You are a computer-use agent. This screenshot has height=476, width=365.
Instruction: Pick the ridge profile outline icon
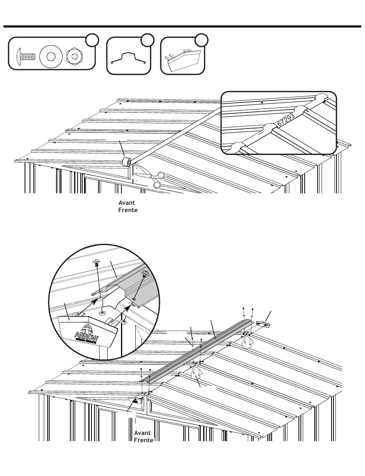click(x=128, y=58)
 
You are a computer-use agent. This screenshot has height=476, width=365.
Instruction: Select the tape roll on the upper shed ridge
click(x=126, y=161)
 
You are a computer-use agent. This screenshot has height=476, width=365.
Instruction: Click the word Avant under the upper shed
click(x=126, y=203)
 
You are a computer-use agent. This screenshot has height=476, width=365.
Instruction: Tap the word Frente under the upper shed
click(x=128, y=210)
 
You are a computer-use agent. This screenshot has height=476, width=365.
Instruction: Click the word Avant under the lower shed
click(x=142, y=433)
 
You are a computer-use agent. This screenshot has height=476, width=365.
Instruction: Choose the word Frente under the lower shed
click(x=143, y=440)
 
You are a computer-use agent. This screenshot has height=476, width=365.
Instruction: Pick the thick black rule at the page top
click(x=182, y=27)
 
